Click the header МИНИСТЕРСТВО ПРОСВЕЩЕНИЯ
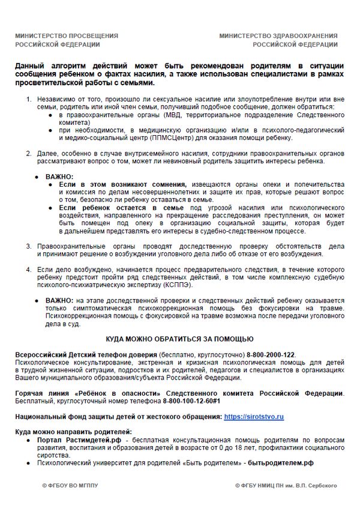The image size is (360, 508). click(67, 36)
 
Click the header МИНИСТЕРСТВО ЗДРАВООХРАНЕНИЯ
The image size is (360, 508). click(278, 36)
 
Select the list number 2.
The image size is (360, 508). click(28, 153)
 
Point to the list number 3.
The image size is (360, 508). click(28, 246)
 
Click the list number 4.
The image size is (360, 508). click(28, 271)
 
